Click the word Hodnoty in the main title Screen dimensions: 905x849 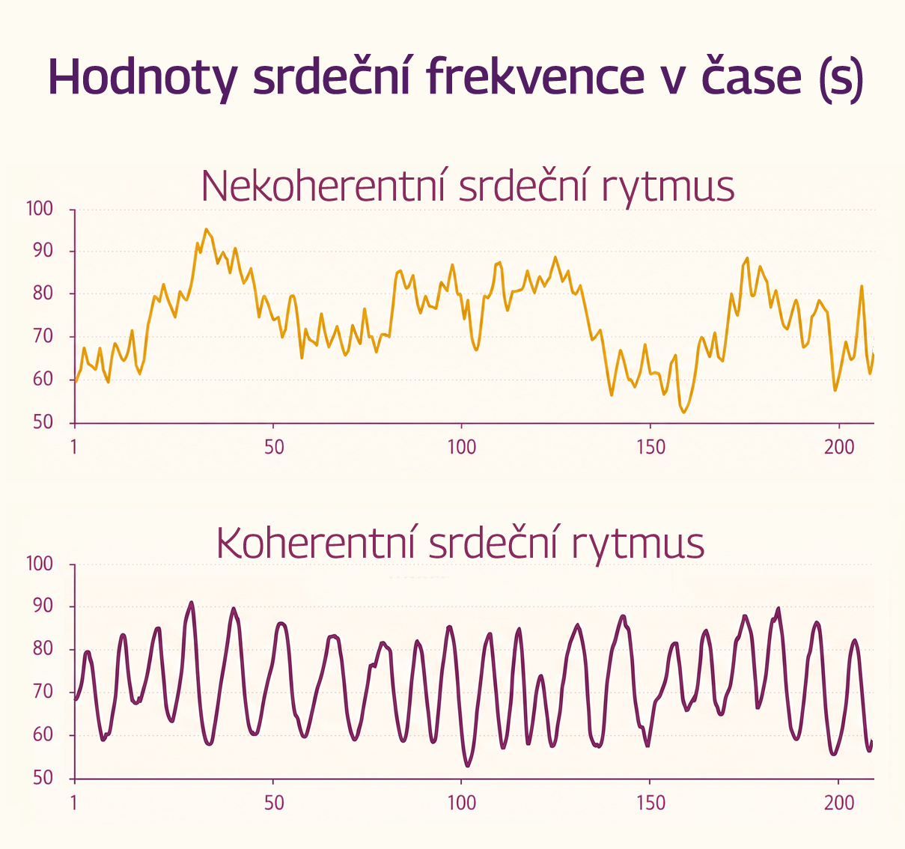point(143,78)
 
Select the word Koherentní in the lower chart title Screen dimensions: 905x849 point(315,543)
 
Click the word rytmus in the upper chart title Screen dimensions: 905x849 point(668,189)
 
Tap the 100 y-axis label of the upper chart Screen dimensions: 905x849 point(40,210)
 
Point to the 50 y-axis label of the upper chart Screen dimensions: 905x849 point(43,423)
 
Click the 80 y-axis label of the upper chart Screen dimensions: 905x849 point(43,293)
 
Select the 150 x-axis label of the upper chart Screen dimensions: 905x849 point(651,447)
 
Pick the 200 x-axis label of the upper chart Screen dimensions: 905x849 point(839,447)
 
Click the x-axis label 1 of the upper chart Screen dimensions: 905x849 point(74,447)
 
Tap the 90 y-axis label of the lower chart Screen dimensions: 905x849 point(43,606)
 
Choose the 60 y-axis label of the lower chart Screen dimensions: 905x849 point(43,734)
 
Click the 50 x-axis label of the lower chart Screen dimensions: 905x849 point(274,803)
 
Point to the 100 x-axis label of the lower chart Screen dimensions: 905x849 point(462,803)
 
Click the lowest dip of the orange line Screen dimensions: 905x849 point(683,413)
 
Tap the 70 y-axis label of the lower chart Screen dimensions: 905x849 point(43,692)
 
